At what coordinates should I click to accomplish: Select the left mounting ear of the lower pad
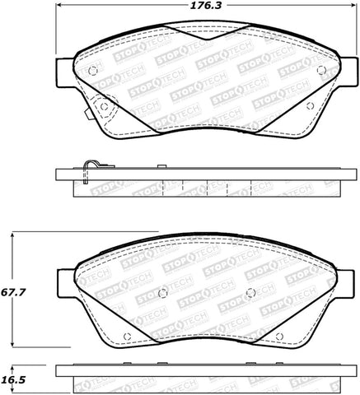(x=63, y=282)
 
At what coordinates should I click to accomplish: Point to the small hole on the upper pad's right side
(x=309, y=105)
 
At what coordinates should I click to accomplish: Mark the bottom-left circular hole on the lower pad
(x=126, y=335)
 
